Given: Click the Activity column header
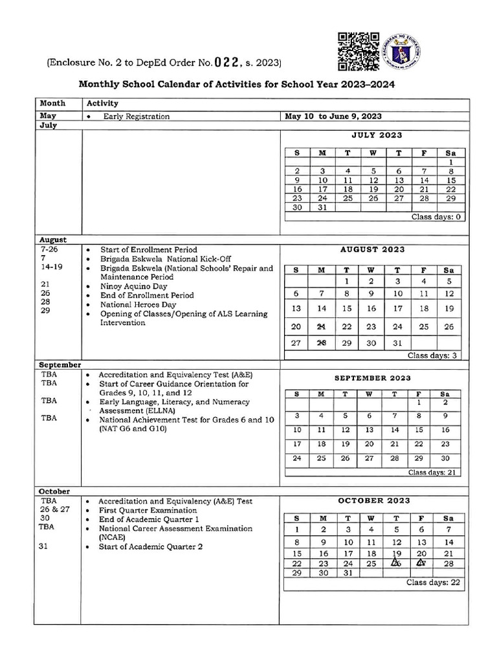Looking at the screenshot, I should point(102,104).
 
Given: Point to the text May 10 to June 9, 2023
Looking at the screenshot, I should point(333,117).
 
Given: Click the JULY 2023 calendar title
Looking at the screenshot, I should point(377,135).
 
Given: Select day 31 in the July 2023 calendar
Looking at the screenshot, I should point(322,208).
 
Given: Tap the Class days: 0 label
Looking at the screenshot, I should point(436,217).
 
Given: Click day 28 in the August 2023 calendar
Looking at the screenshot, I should point(322,343).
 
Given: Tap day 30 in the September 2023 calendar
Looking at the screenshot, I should point(445,458).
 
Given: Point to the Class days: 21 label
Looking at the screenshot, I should point(433,473).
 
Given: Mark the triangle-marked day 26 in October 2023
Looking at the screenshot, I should point(396,563).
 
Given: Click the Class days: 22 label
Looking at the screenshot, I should point(433,583).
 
